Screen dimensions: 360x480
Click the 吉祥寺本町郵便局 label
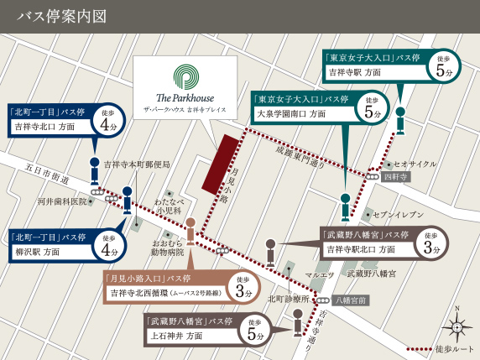point(137,164)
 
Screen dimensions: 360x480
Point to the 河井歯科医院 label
point(62,201)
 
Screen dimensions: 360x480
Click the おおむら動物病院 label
point(167,246)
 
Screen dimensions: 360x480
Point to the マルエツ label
point(320,274)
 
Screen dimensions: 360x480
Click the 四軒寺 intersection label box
point(395,177)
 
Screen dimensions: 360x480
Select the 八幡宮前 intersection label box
point(351,300)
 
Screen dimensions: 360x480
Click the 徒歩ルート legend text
point(453,349)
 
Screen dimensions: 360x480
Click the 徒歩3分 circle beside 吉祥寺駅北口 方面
point(432,243)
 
